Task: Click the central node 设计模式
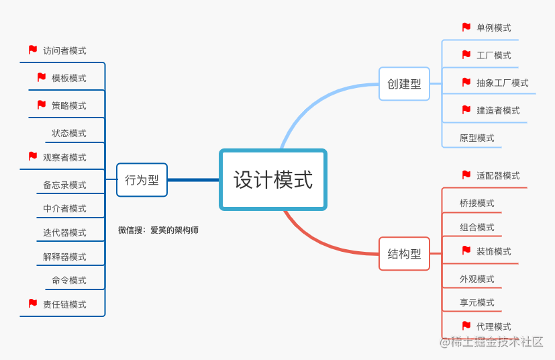273,179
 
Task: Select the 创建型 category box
404,84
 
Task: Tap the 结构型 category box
404,254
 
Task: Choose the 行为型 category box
142,180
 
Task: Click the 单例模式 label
494,28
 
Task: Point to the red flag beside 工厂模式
466,54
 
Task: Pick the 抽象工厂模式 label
502,83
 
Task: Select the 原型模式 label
476,138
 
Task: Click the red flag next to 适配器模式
466,175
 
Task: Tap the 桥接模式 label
476,203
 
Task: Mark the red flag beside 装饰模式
466,251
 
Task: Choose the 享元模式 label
476,302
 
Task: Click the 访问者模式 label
64,50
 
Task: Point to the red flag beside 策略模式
42,105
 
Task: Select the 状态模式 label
69,133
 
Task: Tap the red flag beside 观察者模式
33,156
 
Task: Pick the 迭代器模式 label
64,232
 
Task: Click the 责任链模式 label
64,304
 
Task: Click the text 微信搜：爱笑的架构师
158,230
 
